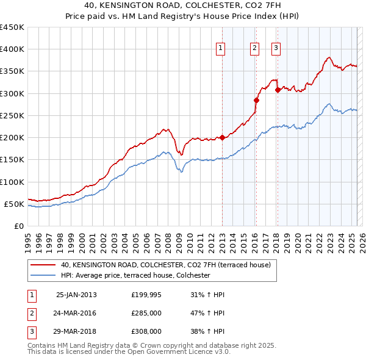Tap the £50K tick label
tap(14, 204)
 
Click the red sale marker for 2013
tap(222, 137)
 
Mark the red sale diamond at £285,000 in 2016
tap(256, 100)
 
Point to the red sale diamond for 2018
tap(278, 90)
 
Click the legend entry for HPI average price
tap(135, 275)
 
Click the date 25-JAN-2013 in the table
tap(76, 295)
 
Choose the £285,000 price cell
tap(146, 313)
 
